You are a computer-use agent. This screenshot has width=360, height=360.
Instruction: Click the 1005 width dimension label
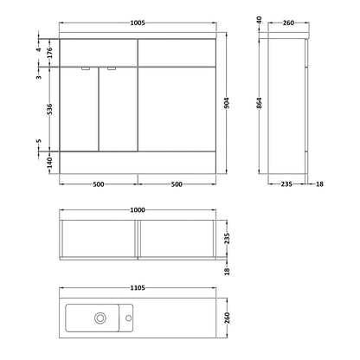(x=138, y=23)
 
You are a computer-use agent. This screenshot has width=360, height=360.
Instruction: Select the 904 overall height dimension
(x=227, y=103)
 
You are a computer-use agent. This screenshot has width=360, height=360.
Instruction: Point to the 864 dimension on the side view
(x=259, y=103)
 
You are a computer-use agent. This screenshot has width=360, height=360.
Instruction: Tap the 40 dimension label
(x=259, y=20)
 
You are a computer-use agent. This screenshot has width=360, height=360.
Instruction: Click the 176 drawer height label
(x=49, y=53)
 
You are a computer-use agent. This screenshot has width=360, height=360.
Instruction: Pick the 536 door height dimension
(x=49, y=109)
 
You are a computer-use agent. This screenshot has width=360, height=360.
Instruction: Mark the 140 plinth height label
(x=49, y=163)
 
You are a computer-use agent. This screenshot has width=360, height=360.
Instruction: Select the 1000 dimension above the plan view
(x=138, y=210)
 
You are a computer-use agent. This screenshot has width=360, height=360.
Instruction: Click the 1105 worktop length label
(x=138, y=288)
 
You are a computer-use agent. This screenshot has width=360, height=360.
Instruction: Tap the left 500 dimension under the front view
(x=99, y=184)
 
